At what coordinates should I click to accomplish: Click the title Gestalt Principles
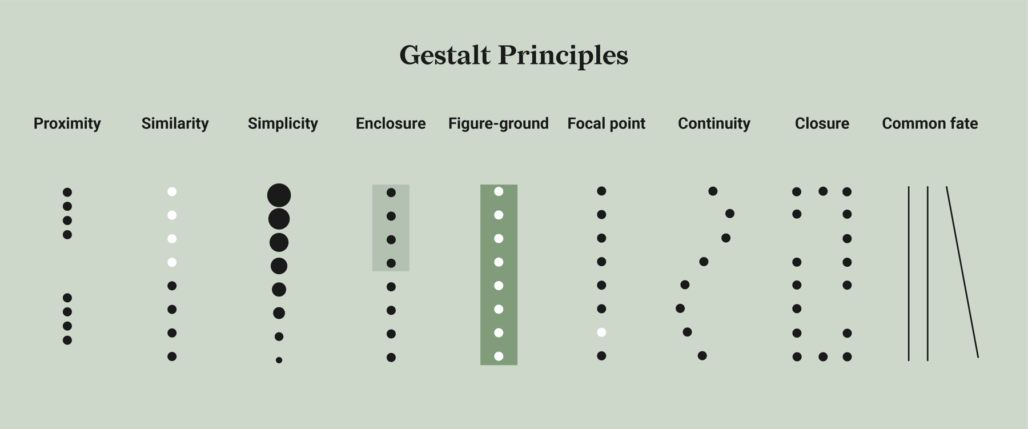click(513, 55)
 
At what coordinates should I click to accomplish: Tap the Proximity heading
click(67, 123)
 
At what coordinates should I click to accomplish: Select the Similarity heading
click(175, 123)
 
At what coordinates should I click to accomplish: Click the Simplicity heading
click(283, 123)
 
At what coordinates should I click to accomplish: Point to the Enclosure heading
click(391, 123)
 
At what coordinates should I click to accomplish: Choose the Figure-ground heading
click(498, 123)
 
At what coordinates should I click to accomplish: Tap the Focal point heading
click(606, 123)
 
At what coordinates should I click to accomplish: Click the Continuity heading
click(714, 123)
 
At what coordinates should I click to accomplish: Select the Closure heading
click(822, 123)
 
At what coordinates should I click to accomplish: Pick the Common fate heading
click(930, 123)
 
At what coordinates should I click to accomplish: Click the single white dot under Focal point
click(601, 332)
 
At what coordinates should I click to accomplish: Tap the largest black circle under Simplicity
click(279, 195)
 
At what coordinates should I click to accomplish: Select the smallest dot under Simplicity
click(279, 360)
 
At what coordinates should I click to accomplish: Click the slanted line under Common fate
click(962, 272)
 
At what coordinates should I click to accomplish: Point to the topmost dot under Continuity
click(713, 191)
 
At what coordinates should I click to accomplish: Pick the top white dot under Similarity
click(172, 192)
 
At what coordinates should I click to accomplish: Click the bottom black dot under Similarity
click(172, 356)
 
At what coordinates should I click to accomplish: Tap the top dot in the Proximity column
click(67, 193)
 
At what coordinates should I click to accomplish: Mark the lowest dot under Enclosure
click(391, 358)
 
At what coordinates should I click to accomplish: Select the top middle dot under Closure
click(823, 191)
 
